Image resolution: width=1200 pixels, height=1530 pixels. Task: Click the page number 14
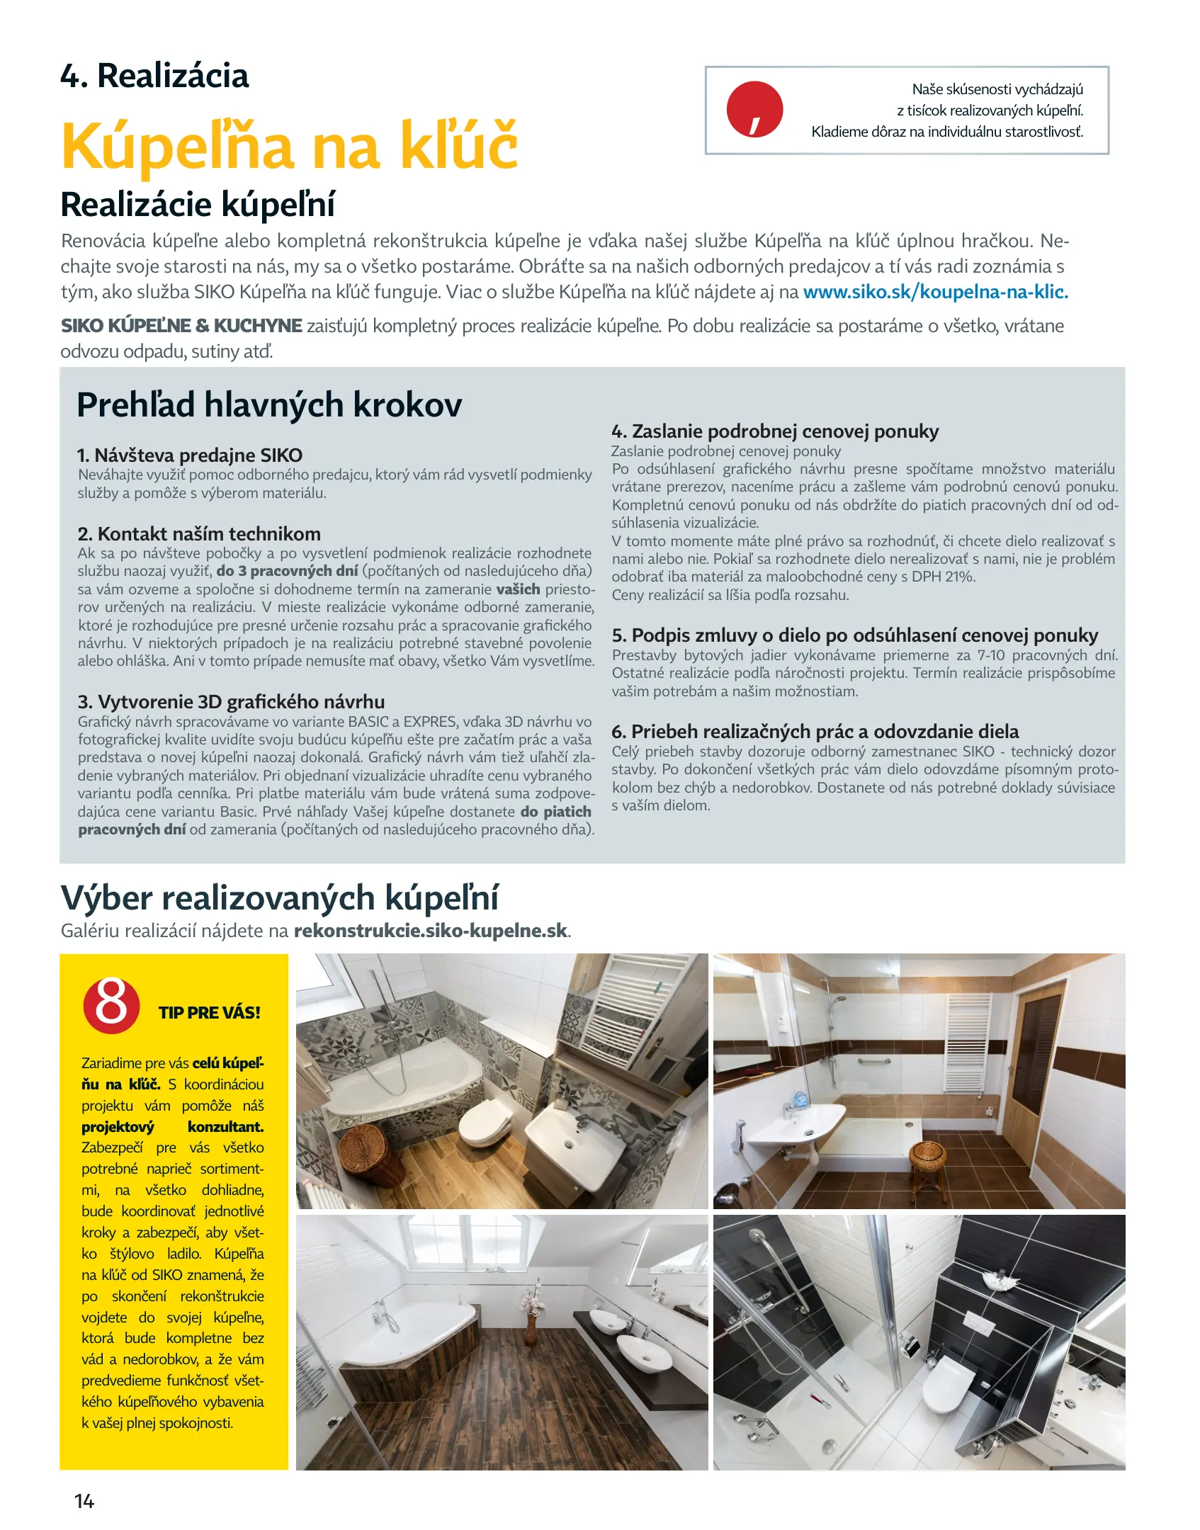pyautogui.click(x=84, y=1501)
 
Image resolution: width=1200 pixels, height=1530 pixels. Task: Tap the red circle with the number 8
pyautogui.click(x=111, y=1004)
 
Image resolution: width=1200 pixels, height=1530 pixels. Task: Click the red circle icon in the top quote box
pyautogui.click(x=754, y=110)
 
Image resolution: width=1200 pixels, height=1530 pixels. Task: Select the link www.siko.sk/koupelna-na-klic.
pyautogui.click(x=935, y=292)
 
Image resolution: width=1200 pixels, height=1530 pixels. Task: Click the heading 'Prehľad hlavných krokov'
pyautogui.click(x=269, y=405)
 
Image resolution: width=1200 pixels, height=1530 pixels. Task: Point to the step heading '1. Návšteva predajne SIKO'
pyautogui.click(x=190, y=455)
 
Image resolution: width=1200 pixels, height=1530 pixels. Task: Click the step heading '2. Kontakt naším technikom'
pyautogui.click(x=199, y=533)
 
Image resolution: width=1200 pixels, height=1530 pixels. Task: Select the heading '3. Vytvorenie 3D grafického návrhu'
pyautogui.click(x=231, y=701)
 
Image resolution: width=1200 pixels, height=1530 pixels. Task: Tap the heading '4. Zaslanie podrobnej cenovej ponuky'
pyautogui.click(x=775, y=431)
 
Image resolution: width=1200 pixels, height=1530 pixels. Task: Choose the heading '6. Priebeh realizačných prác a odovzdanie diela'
pyautogui.click(x=815, y=731)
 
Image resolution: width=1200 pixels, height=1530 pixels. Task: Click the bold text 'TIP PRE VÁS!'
pyautogui.click(x=210, y=1012)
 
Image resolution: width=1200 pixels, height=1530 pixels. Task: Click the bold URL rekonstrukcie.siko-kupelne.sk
pyautogui.click(x=431, y=930)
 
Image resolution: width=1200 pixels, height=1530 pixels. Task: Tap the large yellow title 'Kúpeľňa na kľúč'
pyautogui.click(x=290, y=146)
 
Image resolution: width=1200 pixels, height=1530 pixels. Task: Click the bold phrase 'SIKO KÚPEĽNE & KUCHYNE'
pyautogui.click(x=181, y=326)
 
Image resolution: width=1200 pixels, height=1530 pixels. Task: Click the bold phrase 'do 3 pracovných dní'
pyautogui.click(x=287, y=571)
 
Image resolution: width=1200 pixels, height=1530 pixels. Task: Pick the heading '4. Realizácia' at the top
pyautogui.click(x=154, y=76)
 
